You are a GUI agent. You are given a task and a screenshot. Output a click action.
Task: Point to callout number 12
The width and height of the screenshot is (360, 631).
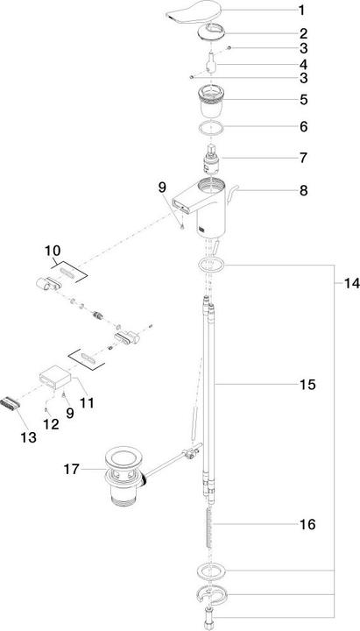pyautogui.click(x=52, y=423)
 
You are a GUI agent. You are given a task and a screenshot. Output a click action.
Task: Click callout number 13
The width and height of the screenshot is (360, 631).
pyautogui.click(x=29, y=436)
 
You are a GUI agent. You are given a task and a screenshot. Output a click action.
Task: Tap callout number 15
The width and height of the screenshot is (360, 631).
pyautogui.click(x=306, y=384)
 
